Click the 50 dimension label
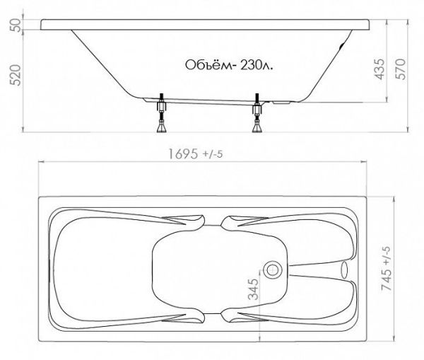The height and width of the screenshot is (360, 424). click(16, 25)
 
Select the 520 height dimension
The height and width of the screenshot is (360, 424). click(16, 75)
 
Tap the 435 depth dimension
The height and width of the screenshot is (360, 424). click(379, 69)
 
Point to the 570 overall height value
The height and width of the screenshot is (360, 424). click(401, 69)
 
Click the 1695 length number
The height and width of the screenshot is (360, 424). click(183, 154)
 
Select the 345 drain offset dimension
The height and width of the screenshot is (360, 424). click(254, 289)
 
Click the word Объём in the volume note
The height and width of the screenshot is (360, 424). click(206, 65)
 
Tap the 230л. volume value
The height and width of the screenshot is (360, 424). click(257, 65)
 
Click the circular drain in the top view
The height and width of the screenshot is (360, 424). click(273, 270)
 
